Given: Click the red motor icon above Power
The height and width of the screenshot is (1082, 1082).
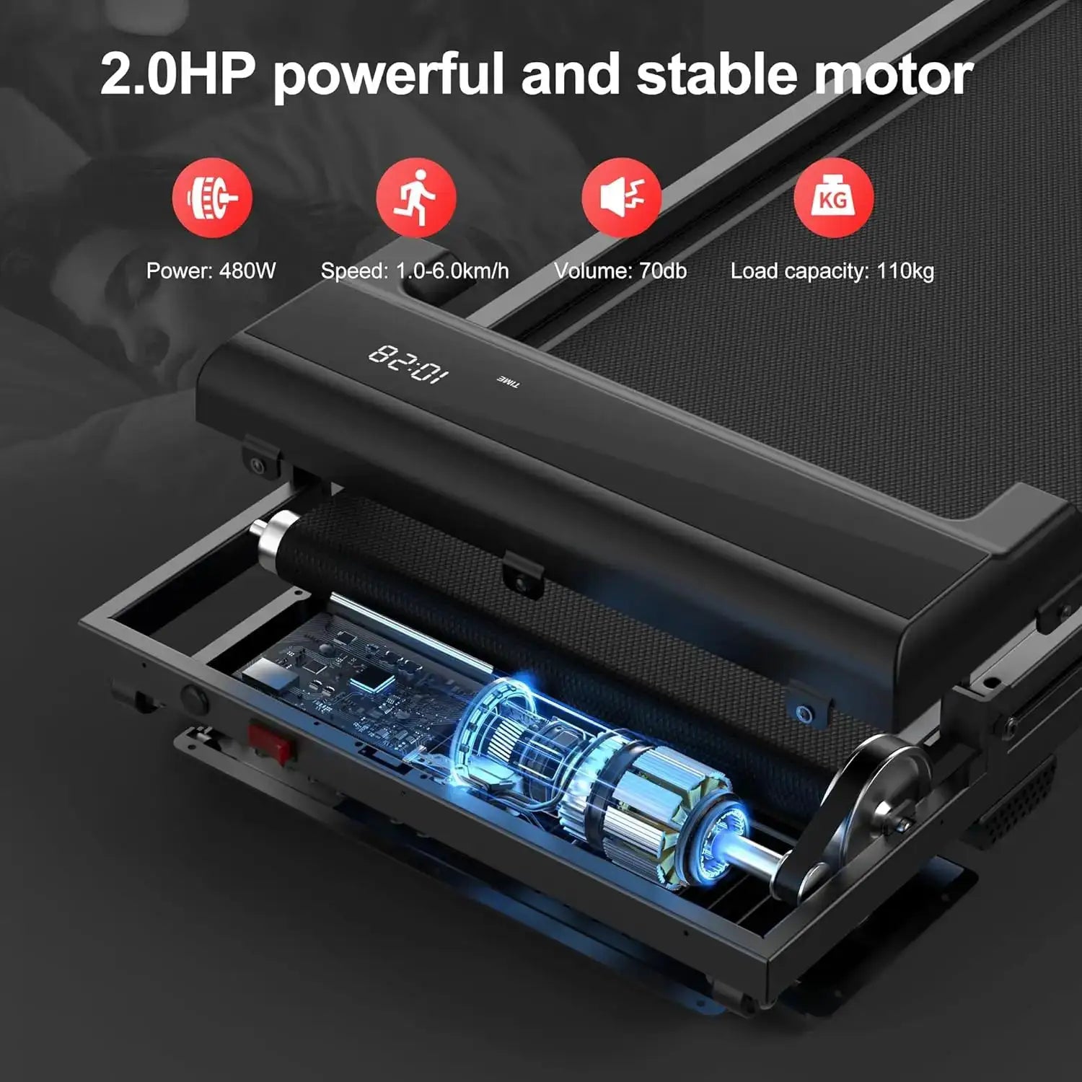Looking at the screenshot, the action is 212,198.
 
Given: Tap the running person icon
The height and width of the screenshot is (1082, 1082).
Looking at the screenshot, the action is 416,198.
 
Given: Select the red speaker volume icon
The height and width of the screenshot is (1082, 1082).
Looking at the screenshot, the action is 622,198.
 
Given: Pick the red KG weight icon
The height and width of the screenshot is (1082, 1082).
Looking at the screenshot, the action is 833,198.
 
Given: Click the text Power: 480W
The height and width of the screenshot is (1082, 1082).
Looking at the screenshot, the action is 211,271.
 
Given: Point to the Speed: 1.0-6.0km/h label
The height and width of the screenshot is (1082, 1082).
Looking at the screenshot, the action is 415,271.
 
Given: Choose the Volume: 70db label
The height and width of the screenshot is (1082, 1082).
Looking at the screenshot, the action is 620,271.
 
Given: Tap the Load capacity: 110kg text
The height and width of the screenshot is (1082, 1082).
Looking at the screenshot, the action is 832,272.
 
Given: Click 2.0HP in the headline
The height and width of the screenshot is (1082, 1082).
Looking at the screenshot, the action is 177,74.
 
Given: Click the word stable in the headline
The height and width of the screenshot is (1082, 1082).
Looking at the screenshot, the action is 716,74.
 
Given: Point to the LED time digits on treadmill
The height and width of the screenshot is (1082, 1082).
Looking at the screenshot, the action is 408,364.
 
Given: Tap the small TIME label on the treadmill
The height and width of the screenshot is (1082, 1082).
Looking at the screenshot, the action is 508,382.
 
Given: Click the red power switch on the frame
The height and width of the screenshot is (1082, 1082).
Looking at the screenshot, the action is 270,742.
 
